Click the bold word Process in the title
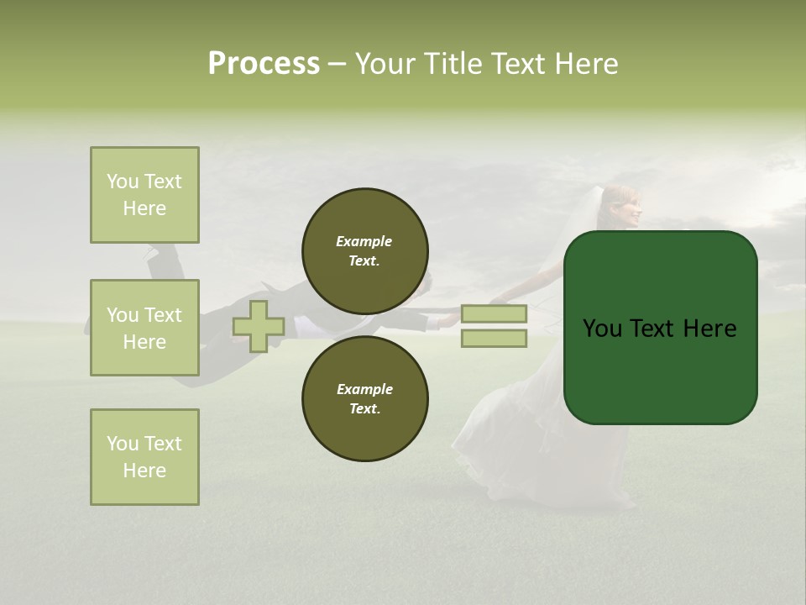coord(264,64)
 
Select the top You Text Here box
coord(144,195)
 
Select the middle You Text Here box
coord(144,328)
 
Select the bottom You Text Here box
coord(144,457)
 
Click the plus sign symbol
coord(258,326)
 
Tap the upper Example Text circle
coord(364,251)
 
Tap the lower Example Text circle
coord(364,399)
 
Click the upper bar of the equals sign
coord(495,313)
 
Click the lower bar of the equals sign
coord(495,339)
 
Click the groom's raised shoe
coord(160,250)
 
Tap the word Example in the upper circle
coord(364,241)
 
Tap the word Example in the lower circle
coord(364,389)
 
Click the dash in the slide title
coord(338,64)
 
